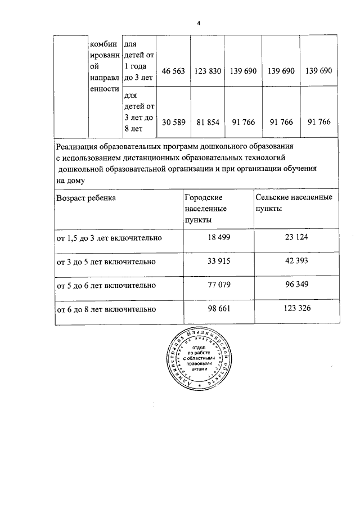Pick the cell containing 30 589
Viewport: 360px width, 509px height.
[x=173, y=122]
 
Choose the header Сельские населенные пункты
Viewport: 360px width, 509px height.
[x=293, y=202]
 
